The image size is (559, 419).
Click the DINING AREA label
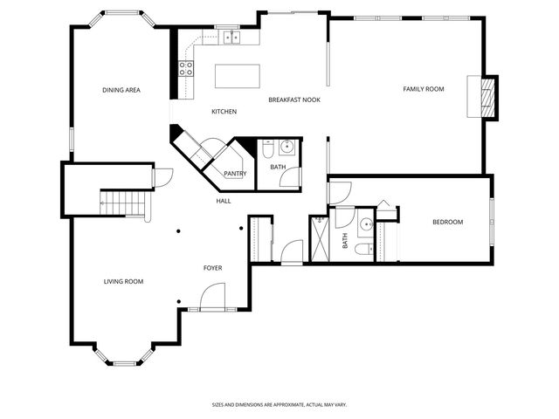click(x=121, y=90)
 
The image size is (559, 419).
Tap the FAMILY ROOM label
click(x=424, y=89)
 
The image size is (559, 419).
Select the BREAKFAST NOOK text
click(x=294, y=100)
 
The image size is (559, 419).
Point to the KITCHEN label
click(x=224, y=112)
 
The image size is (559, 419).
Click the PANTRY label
click(x=235, y=174)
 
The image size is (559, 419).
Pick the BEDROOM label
click(x=448, y=222)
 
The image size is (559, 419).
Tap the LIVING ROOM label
click(x=123, y=281)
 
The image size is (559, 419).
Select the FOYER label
click(x=212, y=268)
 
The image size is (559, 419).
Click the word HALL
click(x=224, y=201)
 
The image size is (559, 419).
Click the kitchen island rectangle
click(x=237, y=76)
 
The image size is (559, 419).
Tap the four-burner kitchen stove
click(x=186, y=68)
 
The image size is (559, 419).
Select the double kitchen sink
click(x=231, y=38)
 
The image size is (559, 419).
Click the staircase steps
click(x=123, y=203)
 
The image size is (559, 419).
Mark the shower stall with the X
click(x=321, y=238)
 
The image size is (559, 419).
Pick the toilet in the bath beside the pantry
click(x=268, y=149)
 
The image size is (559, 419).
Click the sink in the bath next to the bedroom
click(x=366, y=224)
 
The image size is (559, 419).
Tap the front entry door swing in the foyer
click(x=213, y=296)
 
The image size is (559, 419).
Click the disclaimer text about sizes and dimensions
click(x=279, y=405)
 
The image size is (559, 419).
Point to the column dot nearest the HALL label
click(x=241, y=229)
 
